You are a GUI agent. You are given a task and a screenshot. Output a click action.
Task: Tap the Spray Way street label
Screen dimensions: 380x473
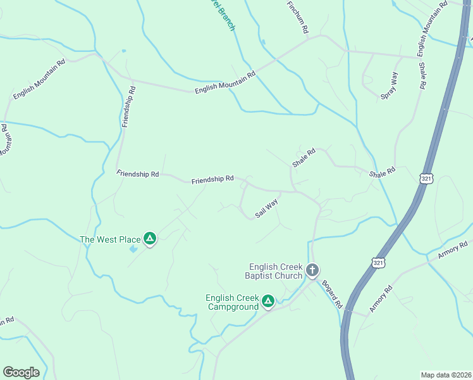[x=390, y=86]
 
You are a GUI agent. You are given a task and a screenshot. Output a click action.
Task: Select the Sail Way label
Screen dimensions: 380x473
[x=267, y=208]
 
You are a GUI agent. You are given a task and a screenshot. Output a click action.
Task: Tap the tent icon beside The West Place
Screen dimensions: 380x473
[x=150, y=239]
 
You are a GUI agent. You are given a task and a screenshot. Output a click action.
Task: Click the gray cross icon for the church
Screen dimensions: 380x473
[x=312, y=270]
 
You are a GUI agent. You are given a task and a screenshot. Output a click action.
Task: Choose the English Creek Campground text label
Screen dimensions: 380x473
[x=233, y=302]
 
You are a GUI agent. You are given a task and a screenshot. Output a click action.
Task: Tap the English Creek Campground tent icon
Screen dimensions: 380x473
[x=268, y=301]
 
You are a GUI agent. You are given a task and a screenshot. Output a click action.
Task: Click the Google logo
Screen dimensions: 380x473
[x=21, y=372]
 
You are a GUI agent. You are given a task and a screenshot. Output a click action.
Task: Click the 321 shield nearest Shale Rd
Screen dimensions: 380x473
[x=426, y=179]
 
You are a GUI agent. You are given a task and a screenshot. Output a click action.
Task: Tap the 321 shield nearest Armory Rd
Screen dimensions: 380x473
[x=378, y=262]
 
